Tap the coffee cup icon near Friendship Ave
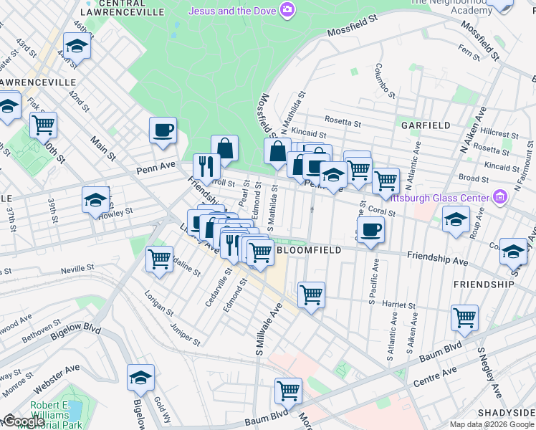(x=370, y=229)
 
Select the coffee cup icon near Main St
(x=163, y=130)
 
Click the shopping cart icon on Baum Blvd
(x=288, y=391)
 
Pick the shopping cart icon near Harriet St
(x=311, y=294)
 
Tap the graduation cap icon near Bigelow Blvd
(x=140, y=378)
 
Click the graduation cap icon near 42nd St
(x=75, y=47)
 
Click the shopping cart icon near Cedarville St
(x=158, y=259)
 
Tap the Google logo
(x=23, y=421)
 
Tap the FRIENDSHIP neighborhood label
(x=484, y=285)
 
